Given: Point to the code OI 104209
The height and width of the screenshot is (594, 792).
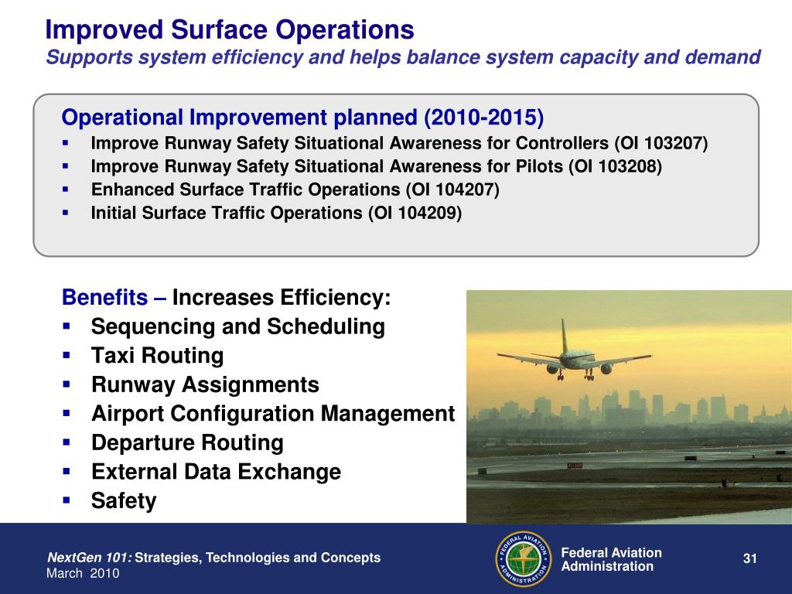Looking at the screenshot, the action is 415,213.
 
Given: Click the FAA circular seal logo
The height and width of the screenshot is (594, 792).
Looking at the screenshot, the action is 524,558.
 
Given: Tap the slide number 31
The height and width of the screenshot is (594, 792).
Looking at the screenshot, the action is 750,558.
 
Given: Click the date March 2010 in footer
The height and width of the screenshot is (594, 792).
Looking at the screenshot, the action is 83,573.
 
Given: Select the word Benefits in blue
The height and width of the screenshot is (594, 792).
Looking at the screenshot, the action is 104,297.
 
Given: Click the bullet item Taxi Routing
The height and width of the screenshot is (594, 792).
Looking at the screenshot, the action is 157,356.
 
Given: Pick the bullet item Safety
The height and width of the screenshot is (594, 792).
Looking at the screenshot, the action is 124,501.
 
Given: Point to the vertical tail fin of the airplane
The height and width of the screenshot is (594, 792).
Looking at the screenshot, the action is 564,335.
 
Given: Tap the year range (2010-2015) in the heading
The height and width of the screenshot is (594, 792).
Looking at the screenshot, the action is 484,118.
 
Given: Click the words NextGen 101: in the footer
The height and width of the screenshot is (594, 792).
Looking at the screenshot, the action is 90,558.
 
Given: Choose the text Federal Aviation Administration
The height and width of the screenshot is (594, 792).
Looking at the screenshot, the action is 611,560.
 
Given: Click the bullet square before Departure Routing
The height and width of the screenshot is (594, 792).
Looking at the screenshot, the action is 67,442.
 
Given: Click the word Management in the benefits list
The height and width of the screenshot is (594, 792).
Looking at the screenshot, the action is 388,414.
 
